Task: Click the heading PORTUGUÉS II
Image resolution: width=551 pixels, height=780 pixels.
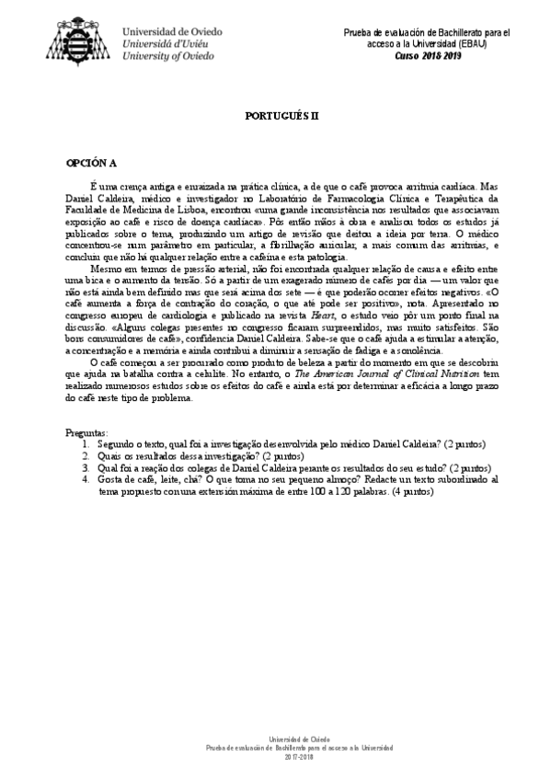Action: pyautogui.click(x=276, y=119)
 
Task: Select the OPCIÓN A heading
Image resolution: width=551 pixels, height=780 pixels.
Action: pyautogui.click(x=91, y=163)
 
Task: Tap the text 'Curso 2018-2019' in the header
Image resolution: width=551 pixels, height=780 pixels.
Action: pyautogui.click(x=428, y=54)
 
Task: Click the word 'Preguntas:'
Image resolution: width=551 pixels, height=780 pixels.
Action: pyautogui.click(x=86, y=432)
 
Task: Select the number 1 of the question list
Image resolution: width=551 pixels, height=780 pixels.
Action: pyautogui.click(x=86, y=444)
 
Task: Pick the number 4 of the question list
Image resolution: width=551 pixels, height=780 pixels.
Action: pyautogui.click(x=86, y=479)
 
